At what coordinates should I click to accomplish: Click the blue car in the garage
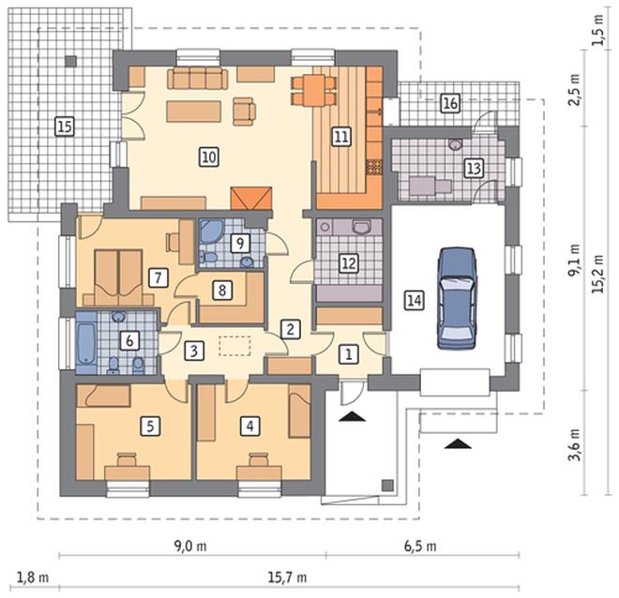pos(457,298)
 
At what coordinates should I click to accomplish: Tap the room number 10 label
pos(209,157)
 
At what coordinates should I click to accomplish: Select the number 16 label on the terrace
pos(450,103)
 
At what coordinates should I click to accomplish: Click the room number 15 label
pos(65,127)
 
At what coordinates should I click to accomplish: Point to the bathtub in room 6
pos(86,344)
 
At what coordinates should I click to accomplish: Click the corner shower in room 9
pos(212,231)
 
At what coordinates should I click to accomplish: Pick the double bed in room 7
pos(118,277)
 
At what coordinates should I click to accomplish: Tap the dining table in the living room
pos(314,91)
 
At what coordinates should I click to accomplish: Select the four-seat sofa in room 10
pos(197,78)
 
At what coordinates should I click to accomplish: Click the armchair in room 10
pos(244,112)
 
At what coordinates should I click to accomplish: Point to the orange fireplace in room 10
pos(251,199)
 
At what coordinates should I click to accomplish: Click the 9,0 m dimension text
pos(190,546)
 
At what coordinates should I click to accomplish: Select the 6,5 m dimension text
pos(420,546)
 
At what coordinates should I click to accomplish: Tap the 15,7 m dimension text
pos(287,578)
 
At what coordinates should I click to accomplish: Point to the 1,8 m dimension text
pos(33,578)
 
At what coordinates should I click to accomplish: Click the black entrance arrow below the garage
pos(458,443)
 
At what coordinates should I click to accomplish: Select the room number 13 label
pos(474,169)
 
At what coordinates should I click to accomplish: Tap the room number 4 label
pos(249,426)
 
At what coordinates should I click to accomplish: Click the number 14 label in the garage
pos(415,301)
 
